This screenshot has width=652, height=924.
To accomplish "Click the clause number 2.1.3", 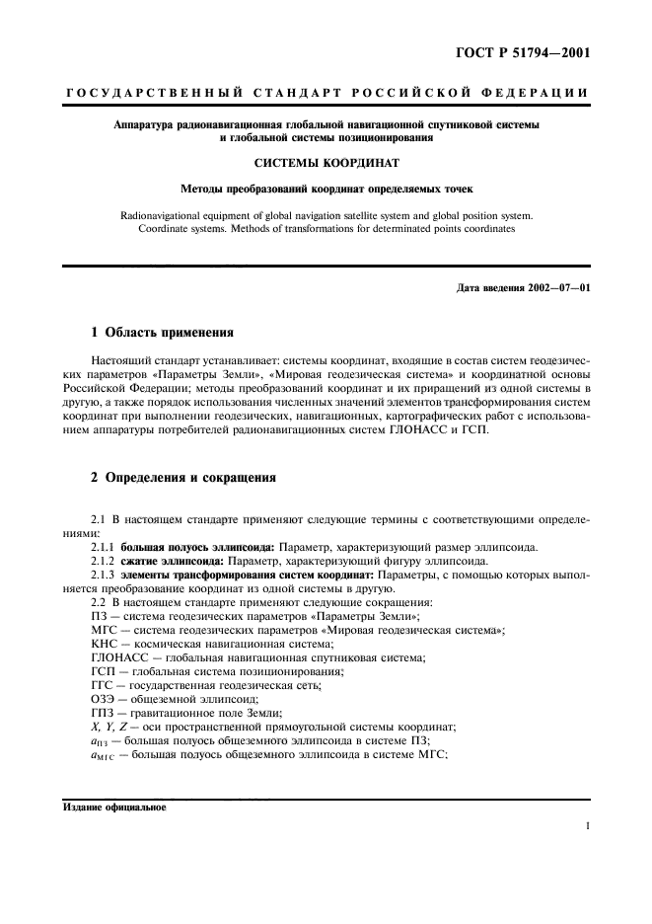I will pos(102,575).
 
